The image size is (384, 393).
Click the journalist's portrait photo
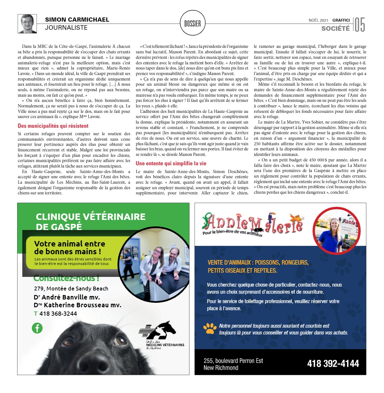[x=27, y=24]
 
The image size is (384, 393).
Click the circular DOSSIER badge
[x=192, y=23]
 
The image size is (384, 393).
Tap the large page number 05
[x=360, y=25]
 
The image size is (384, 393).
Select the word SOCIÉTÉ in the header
[x=335, y=28]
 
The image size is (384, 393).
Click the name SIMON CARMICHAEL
[x=77, y=20]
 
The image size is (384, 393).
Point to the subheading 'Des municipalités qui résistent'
[x=53, y=126]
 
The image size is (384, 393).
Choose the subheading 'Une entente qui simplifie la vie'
[x=171, y=163]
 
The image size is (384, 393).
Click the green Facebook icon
[x=37, y=328]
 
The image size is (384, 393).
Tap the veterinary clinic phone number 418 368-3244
[x=58, y=313]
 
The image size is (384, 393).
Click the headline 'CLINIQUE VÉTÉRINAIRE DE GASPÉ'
[x=91, y=221]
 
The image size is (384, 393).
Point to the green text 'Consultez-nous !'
[x=66, y=278]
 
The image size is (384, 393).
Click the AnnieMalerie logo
[x=252, y=224]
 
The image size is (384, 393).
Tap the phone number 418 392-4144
[x=333, y=364]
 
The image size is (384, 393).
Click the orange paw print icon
[x=210, y=328]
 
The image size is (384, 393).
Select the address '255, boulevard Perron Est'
[x=233, y=361]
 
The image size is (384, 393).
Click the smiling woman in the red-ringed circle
[x=336, y=231]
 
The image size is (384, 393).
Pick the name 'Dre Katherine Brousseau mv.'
[x=77, y=305]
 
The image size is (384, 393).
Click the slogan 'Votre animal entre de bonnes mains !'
[x=69, y=247]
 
